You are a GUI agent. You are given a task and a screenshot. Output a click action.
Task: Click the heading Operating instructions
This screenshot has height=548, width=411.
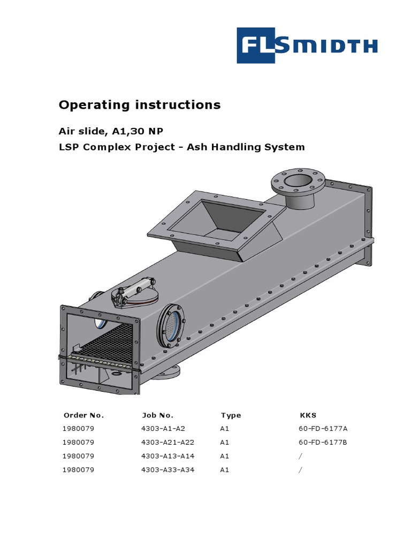[x=139, y=105]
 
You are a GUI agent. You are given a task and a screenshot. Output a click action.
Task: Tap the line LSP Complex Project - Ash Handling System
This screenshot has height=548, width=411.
[x=181, y=147]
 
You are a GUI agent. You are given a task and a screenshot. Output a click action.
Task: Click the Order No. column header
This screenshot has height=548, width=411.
[x=83, y=415]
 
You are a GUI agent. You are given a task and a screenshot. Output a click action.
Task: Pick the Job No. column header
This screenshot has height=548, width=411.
[x=157, y=415]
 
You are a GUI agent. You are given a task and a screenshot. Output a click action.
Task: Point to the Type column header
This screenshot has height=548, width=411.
[x=231, y=415]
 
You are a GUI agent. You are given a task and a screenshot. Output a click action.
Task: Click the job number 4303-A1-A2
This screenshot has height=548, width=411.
[x=163, y=429]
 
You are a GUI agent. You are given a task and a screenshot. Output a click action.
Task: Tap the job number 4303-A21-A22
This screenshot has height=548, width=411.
[x=167, y=443]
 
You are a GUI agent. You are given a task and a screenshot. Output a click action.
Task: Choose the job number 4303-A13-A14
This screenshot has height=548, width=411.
[x=167, y=456]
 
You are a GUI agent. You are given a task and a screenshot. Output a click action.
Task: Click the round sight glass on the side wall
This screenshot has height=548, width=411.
[x=171, y=323]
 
